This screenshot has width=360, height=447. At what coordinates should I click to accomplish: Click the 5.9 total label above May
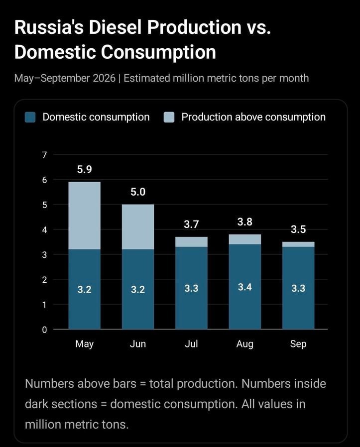click(85, 170)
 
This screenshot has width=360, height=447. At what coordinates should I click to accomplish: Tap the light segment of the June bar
click(138, 227)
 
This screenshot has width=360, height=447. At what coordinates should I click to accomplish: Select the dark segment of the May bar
click(85, 289)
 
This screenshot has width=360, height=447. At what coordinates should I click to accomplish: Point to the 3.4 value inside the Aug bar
click(245, 287)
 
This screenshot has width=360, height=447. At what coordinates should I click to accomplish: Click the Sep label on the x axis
click(298, 344)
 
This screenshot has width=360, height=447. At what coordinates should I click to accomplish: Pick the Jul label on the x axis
click(191, 344)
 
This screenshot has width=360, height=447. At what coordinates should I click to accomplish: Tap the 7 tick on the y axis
click(44, 155)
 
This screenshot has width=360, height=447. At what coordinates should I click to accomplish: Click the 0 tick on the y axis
click(44, 330)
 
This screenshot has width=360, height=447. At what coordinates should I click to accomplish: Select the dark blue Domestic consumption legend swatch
click(30, 117)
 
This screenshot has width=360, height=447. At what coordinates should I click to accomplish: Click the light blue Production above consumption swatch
click(169, 117)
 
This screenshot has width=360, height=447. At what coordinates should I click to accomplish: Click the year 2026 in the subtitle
click(104, 78)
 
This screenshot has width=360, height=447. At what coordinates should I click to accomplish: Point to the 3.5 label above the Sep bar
click(298, 229)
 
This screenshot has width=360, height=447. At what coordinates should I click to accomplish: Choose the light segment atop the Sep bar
click(298, 244)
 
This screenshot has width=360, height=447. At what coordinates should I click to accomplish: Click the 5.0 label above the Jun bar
click(138, 192)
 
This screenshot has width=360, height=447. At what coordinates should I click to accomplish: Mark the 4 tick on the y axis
click(44, 230)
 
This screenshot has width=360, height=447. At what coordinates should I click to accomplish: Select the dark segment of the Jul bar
click(191, 288)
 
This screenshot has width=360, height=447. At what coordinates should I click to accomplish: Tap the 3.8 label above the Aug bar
click(245, 222)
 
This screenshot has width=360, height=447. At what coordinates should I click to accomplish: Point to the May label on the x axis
click(85, 344)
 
